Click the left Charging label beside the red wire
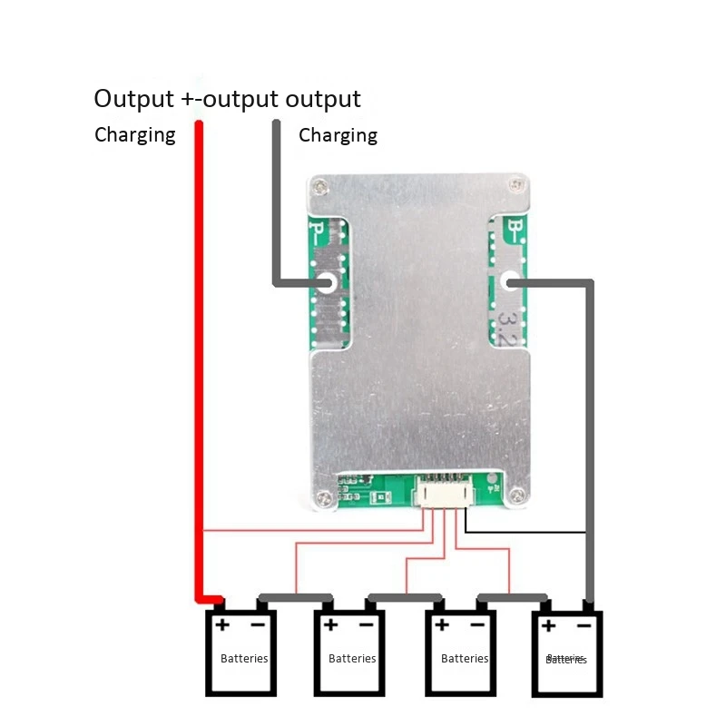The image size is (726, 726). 134,135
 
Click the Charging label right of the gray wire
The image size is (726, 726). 338,135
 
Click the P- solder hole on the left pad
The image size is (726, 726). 328,283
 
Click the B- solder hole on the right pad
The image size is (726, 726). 511,283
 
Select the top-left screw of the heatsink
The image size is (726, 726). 319,188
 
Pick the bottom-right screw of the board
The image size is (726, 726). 517,495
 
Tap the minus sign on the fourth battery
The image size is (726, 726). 583,624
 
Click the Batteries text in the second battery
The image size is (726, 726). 352,659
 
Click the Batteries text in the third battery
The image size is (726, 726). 465,659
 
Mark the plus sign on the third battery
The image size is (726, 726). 442,624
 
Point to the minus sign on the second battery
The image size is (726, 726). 366,624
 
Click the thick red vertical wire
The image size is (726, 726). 199,363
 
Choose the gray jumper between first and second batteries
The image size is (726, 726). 296,598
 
